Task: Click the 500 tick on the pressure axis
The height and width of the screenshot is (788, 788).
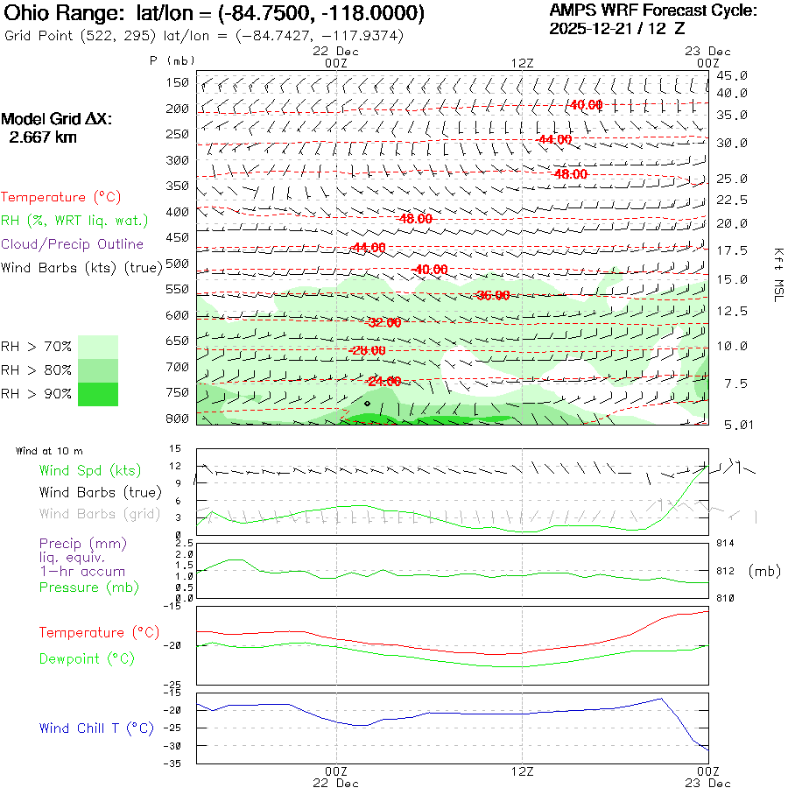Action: click(x=178, y=264)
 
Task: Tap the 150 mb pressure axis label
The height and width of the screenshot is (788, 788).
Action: click(x=178, y=83)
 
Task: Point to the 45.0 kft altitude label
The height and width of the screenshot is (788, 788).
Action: click(x=732, y=76)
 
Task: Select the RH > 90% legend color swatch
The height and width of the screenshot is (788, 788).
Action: click(x=98, y=394)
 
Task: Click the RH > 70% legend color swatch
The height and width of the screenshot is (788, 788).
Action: click(x=98, y=347)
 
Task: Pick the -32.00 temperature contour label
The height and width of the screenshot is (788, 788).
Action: click(x=384, y=322)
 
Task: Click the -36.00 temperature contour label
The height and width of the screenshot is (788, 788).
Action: click(x=492, y=295)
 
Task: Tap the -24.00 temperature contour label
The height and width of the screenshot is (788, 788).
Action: click(x=384, y=382)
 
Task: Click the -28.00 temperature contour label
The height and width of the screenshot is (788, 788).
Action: click(x=368, y=350)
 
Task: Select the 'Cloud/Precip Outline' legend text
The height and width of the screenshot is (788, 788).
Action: click(x=73, y=243)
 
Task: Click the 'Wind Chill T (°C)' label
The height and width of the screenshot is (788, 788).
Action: click(x=96, y=728)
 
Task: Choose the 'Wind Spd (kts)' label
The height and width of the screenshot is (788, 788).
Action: click(x=78, y=471)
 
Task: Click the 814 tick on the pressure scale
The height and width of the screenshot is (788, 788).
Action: click(x=726, y=543)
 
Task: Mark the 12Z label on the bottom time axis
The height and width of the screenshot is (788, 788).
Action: click(x=522, y=771)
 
